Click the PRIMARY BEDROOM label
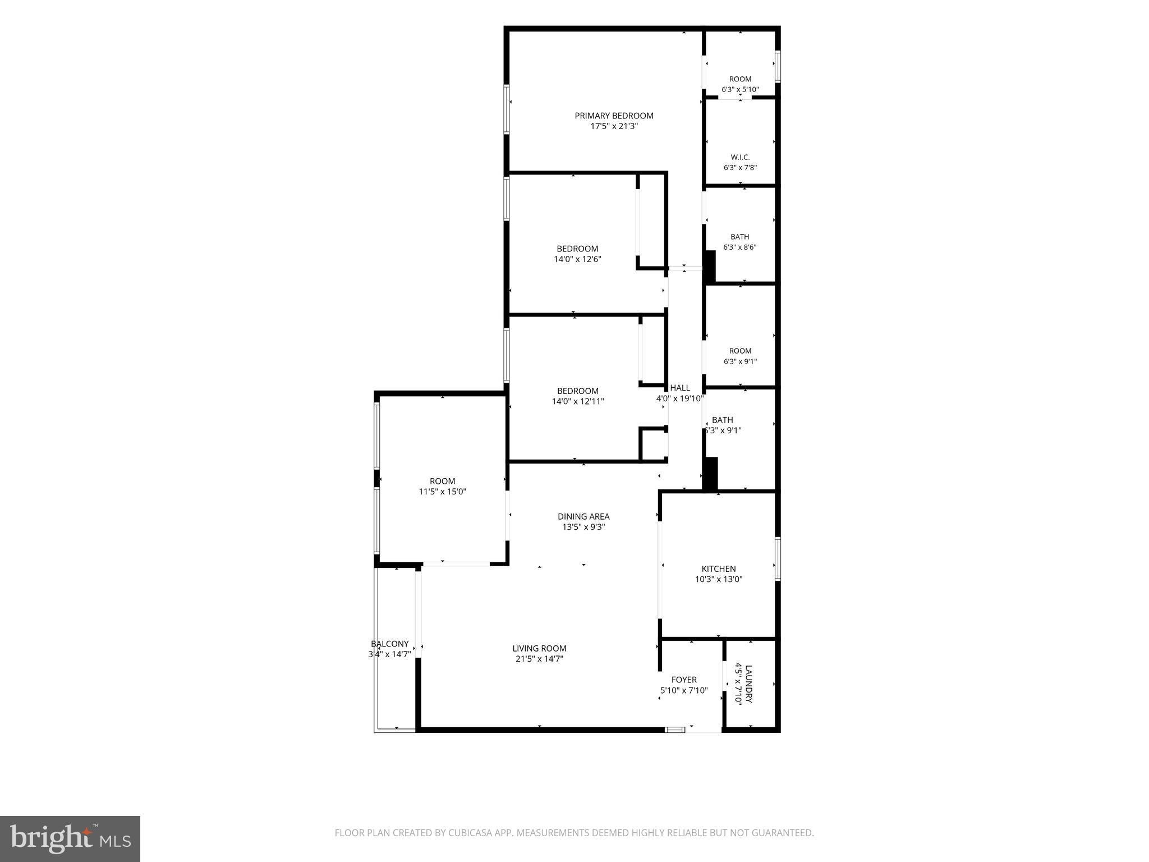point(614,116)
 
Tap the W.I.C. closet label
point(740,157)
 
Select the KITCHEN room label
point(719,568)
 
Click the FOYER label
point(684,680)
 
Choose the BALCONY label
point(390,644)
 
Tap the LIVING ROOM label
point(539,648)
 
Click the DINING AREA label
point(583,516)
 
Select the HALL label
point(680,388)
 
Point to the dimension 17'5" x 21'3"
point(614,126)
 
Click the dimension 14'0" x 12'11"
point(578,401)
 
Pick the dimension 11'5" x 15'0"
point(443,492)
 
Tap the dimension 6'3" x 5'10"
point(740,89)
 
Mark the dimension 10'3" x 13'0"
point(719,579)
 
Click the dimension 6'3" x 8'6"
point(740,247)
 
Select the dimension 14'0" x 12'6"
point(578,259)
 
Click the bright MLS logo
point(70,839)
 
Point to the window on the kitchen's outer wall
point(778,558)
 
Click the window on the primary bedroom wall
point(507,109)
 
